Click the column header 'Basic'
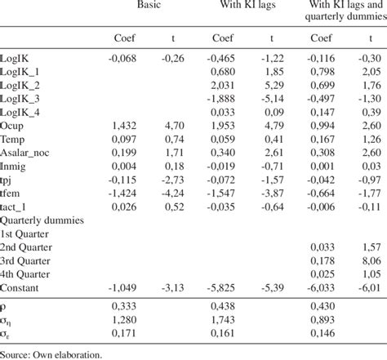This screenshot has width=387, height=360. point(149,7)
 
